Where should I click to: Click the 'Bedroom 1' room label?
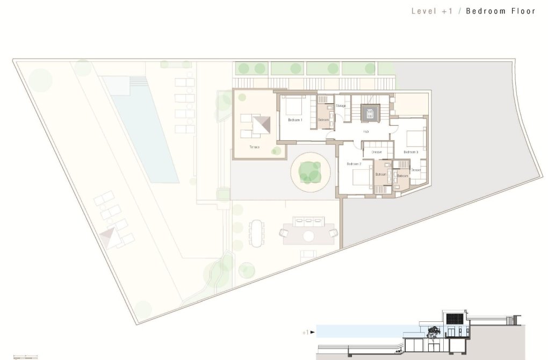(295, 119)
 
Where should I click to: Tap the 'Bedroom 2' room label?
(354, 164)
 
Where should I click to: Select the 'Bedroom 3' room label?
(410, 152)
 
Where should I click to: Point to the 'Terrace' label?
(254, 147)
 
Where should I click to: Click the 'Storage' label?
(341, 106)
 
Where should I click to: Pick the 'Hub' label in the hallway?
(365, 131)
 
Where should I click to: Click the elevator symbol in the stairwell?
(369, 113)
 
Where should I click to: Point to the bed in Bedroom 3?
(415, 139)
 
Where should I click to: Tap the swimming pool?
(141, 129)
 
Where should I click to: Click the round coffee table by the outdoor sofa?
(309, 235)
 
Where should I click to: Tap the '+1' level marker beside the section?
(306, 333)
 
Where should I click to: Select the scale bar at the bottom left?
(25, 356)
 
